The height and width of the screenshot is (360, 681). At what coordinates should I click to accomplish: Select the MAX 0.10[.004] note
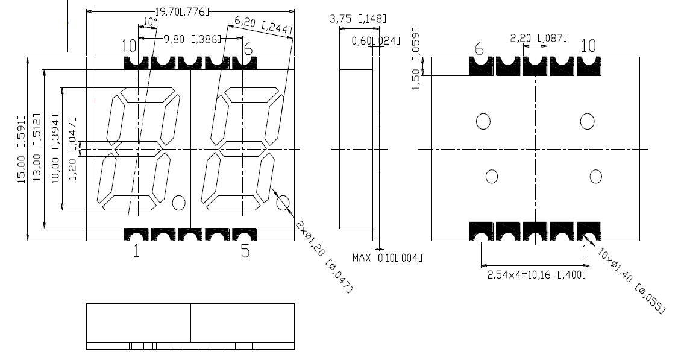(x=387, y=258)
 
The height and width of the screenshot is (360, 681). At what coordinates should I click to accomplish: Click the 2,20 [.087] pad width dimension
(x=538, y=38)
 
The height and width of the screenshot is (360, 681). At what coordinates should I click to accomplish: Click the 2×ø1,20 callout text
(x=324, y=256)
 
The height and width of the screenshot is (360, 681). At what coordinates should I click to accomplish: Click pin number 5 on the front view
(x=245, y=251)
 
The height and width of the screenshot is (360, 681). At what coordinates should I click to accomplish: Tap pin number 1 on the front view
(x=136, y=251)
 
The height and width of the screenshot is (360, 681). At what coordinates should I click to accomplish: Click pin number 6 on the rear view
(x=479, y=48)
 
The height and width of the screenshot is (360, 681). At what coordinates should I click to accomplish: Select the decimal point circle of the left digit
(x=178, y=203)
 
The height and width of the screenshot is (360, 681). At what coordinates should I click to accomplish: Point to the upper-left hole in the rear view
(x=483, y=121)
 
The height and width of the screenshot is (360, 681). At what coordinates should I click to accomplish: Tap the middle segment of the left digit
(x=139, y=148)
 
